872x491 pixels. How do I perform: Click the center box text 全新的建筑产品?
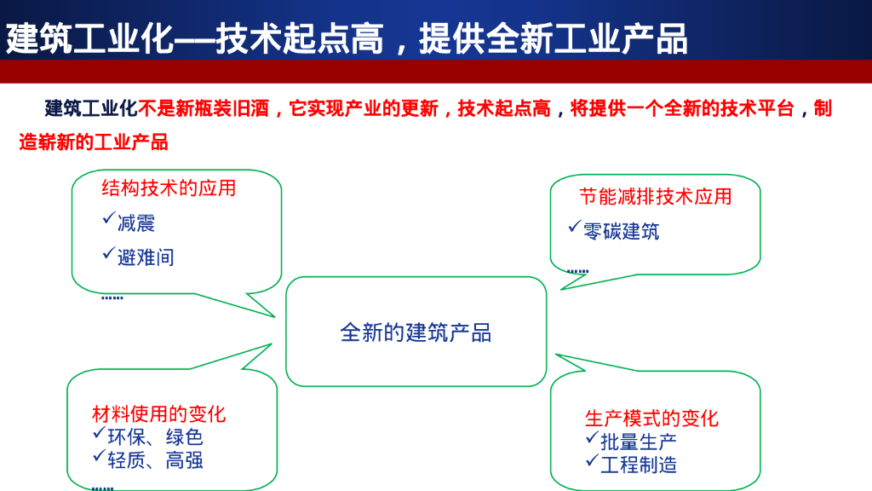[x=416, y=332]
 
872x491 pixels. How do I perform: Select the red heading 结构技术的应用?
[x=169, y=188]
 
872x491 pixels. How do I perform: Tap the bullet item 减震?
[x=136, y=224]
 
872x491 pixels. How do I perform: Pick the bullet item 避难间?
[x=146, y=257]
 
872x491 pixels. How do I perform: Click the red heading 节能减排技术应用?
[x=656, y=197]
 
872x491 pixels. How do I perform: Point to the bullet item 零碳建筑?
[x=621, y=231]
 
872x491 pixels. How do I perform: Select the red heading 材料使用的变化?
[x=159, y=414]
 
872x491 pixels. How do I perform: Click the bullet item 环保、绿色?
[x=155, y=437]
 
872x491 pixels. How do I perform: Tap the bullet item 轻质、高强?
[x=155, y=460]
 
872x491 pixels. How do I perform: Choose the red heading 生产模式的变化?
[x=651, y=419]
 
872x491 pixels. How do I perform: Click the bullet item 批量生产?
[x=639, y=442]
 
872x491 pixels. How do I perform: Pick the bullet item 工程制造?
[x=639, y=465]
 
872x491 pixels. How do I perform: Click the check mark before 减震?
[x=108, y=220]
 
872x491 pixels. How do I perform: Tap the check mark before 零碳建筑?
[x=574, y=227]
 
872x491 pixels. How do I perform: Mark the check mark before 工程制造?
[x=591, y=461]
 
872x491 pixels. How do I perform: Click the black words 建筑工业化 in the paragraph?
[x=91, y=108]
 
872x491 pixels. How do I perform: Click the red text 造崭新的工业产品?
[x=94, y=142]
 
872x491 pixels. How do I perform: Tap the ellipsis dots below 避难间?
[x=112, y=297]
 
